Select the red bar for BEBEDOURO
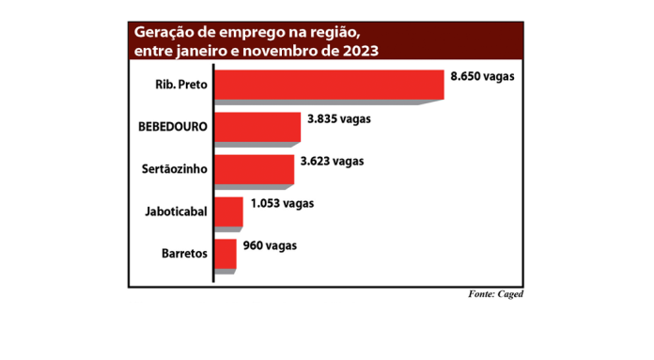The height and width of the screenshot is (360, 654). point(257,127)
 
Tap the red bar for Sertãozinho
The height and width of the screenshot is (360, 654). point(254,169)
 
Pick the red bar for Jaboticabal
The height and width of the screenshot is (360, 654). point(228,211)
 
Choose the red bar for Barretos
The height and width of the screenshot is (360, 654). point(226,254)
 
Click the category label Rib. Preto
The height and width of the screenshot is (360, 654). point(181,85)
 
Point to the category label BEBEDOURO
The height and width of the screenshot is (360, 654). point(172,127)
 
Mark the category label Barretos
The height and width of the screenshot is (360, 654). point(183,255)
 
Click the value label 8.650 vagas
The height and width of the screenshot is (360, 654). point(482,75)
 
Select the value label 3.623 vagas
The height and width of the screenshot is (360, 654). point(332,161)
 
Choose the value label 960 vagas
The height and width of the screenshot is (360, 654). point(270,245)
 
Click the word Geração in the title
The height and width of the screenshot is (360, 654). point(165,32)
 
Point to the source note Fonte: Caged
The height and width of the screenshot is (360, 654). point(495,294)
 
